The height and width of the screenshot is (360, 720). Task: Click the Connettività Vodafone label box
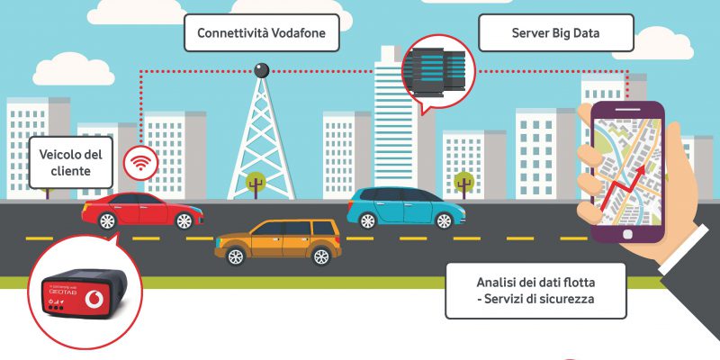pos(262,33)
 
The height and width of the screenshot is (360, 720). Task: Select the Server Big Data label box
pos(555,33)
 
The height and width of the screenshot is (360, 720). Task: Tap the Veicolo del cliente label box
pos(71,163)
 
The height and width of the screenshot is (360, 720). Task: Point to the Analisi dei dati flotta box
pos(535,291)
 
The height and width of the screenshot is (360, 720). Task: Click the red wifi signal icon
pos(140,163)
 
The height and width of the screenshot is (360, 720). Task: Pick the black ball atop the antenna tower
pos(262,70)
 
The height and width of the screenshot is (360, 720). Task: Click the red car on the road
pos(142,211)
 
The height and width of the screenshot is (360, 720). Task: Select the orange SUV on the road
pos(278,241)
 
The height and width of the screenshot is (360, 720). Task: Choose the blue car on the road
pos(406,208)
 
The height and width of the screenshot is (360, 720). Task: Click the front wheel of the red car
pos(184,220)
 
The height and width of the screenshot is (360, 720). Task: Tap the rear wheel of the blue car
pos(368,220)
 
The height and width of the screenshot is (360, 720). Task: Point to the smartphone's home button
pos(627,234)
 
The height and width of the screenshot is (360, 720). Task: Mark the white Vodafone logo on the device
pos(94,299)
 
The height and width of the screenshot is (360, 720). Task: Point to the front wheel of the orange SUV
pos(321,256)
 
